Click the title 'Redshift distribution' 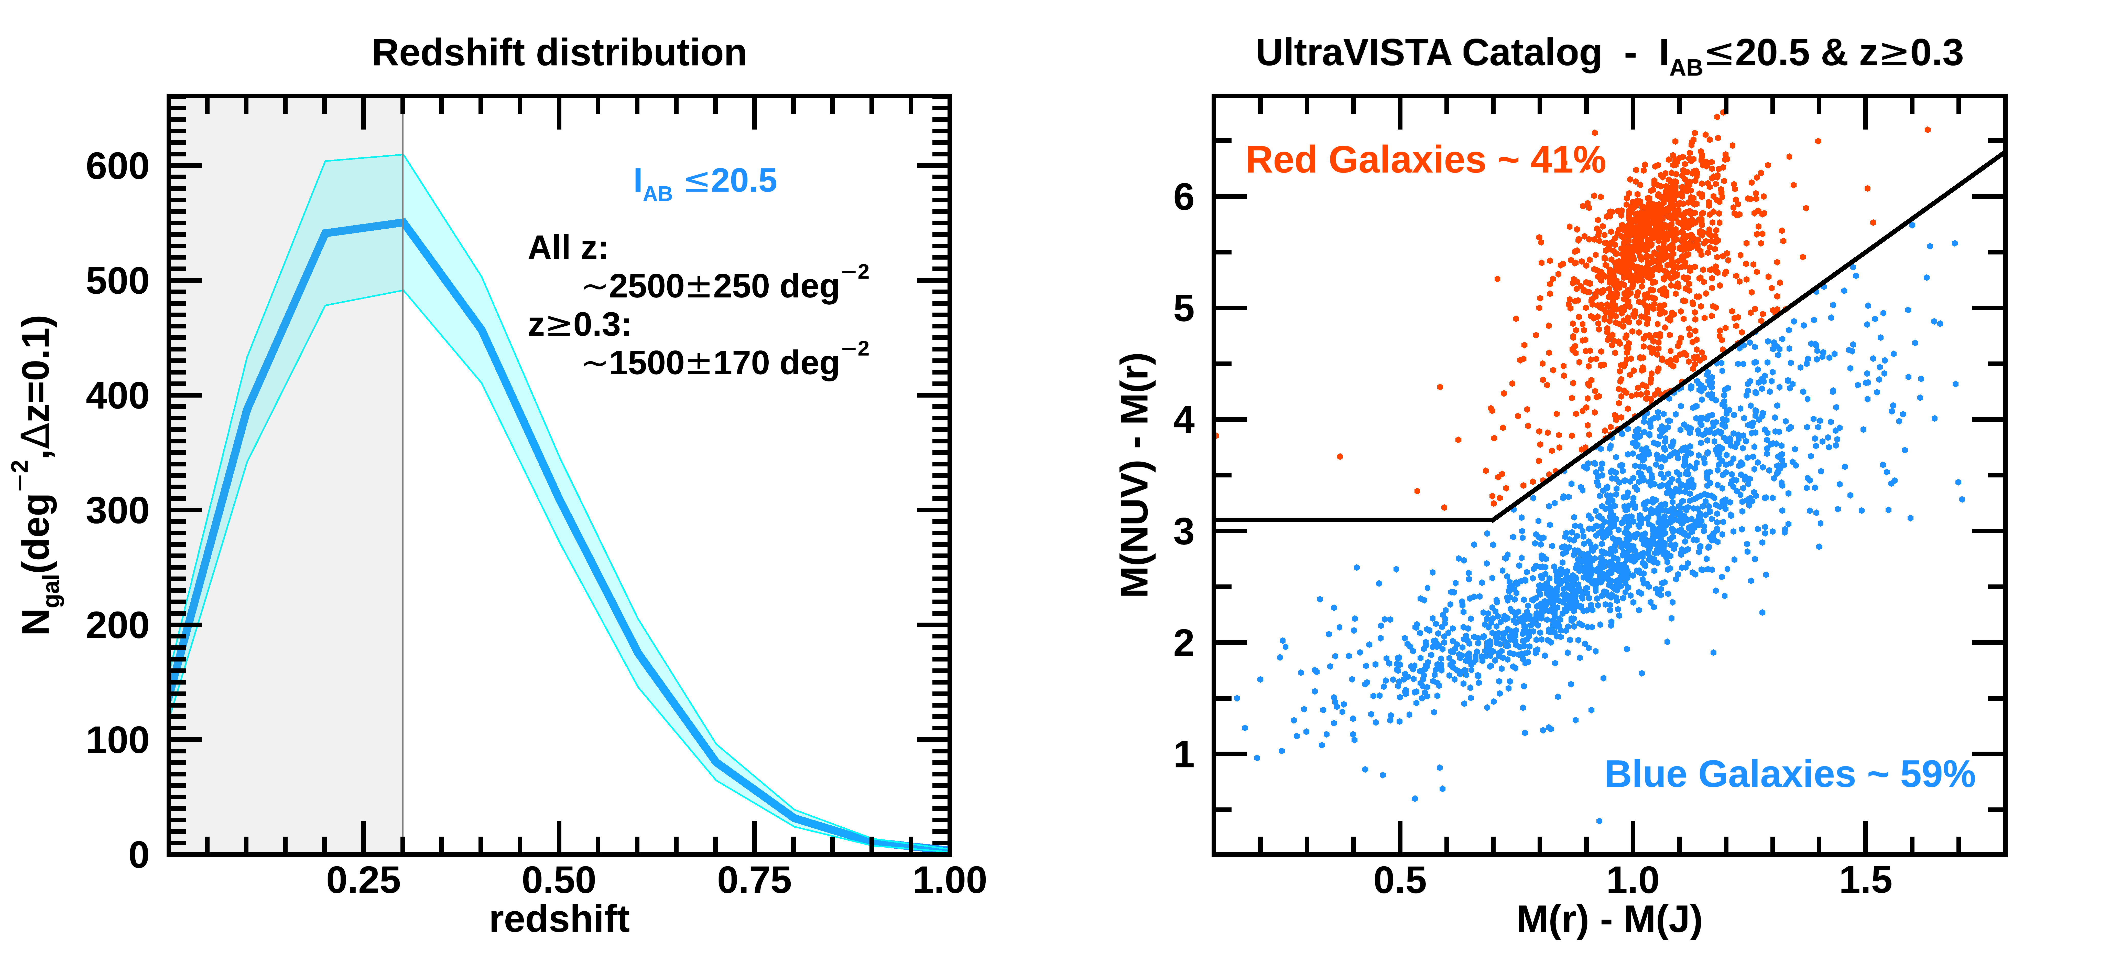tap(559, 53)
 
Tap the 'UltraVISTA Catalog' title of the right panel tap(1428, 53)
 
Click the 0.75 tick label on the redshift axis tap(754, 881)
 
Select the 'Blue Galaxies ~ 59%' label tap(1789, 775)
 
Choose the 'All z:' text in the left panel tap(568, 248)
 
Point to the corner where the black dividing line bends tap(1492, 519)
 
